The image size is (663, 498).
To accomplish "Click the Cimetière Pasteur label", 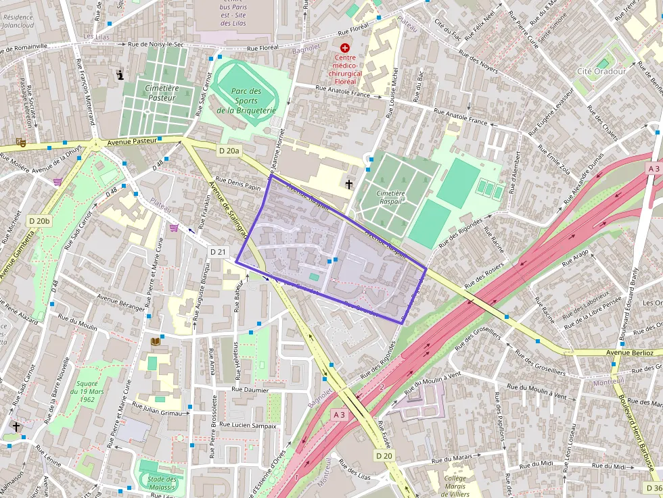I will click(x=160, y=93).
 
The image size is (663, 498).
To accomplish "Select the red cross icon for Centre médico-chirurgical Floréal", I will click(x=346, y=48).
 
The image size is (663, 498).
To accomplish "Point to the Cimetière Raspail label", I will click(x=390, y=197).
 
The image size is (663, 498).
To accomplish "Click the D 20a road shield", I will click(x=229, y=151).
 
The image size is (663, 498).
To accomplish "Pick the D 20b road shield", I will click(x=39, y=221).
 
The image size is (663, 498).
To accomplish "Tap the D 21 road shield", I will click(x=218, y=252).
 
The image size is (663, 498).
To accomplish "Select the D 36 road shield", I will click(x=652, y=488).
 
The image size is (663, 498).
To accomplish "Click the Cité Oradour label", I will click(x=601, y=71).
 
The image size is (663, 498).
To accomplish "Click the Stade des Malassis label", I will click(x=157, y=482).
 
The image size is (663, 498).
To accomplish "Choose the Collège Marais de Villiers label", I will click(x=456, y=486).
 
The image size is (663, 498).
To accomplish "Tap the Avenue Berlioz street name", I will click(x=629, y=352).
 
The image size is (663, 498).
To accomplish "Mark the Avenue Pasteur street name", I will click(x=132, y=141).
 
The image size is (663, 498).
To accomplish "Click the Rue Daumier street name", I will click(x=250, y=390).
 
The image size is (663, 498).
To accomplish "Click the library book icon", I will click(x=156, y=342).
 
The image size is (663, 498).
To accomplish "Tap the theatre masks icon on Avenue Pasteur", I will click(x=21, y=143).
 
